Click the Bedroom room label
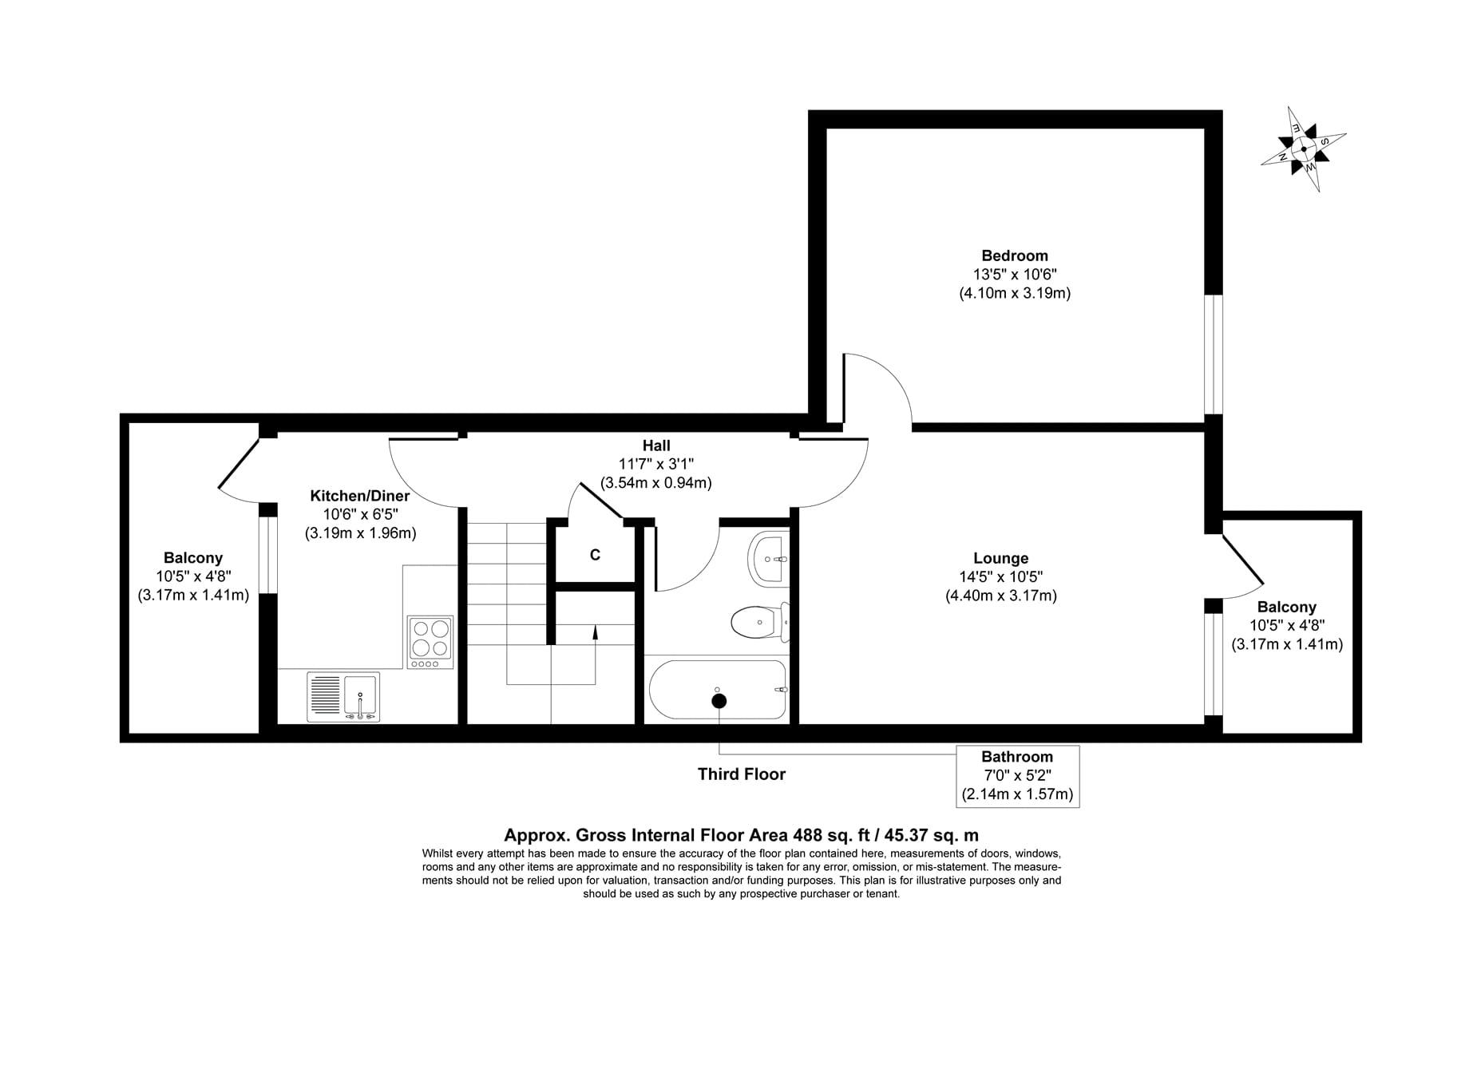1014,255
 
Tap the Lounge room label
1000,558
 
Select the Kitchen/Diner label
360,496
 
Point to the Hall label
656,445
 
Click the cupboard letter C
595,555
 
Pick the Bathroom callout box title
1017,757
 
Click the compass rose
1303,149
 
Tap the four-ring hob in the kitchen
430,642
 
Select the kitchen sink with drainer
343,697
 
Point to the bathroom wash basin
769,559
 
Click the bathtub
718,689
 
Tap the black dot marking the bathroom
719,701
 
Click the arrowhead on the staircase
596,631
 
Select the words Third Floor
742,774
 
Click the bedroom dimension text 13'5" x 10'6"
1014,274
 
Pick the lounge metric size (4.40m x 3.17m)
1000,596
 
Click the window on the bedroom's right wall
1214,354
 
